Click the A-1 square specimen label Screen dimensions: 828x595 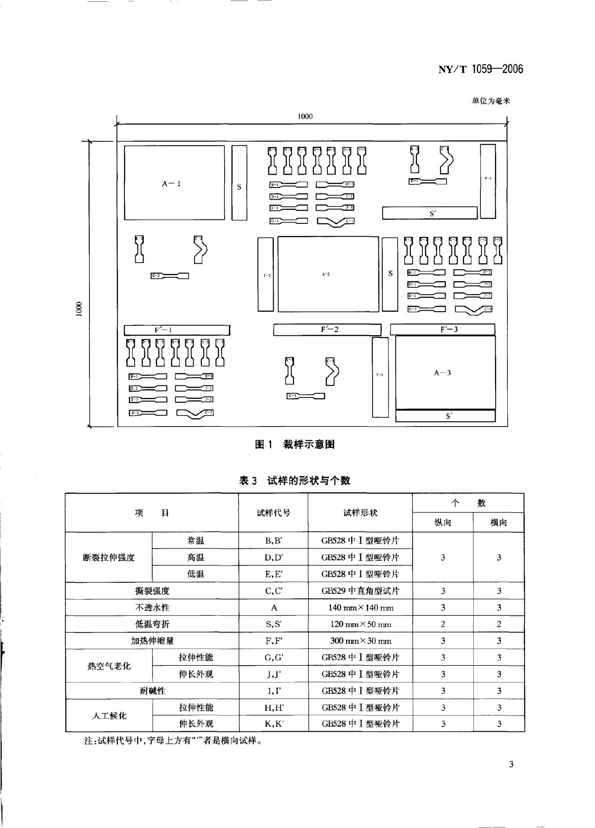click(x=171, y=184)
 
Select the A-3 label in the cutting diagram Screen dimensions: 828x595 click(x=442, y=373)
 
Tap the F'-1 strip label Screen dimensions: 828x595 click(x=163, y=330)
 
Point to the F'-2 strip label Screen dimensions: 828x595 click(x=329, y=329)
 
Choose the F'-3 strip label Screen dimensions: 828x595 click(x=449, y=329)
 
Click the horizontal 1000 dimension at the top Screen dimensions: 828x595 click(x=305, y=116)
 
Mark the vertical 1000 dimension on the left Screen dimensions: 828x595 click(x=79, y=309)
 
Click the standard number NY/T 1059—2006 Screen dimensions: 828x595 click(x=480, y=69)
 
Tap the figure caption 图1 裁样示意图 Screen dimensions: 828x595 click(x=295, y=444)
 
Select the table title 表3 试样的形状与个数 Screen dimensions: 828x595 click(x=295, y=481)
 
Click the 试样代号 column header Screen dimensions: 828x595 click(x=273, y=513)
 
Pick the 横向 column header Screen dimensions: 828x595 click(x=498, y=522)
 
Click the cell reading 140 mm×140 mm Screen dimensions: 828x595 click(x=361, y=607)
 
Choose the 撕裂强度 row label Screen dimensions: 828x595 click(x=152, y=591)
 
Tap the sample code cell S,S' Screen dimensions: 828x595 click(x=273, y=624)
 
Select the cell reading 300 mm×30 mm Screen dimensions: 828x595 click(x=361, y=641)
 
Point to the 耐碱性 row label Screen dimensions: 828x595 click(x=152, y=691)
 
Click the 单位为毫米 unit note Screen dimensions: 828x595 click(x=491, y=101)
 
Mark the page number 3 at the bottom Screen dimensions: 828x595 click(x=511, y=764)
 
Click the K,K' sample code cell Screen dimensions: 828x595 click(x=273, y=724)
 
